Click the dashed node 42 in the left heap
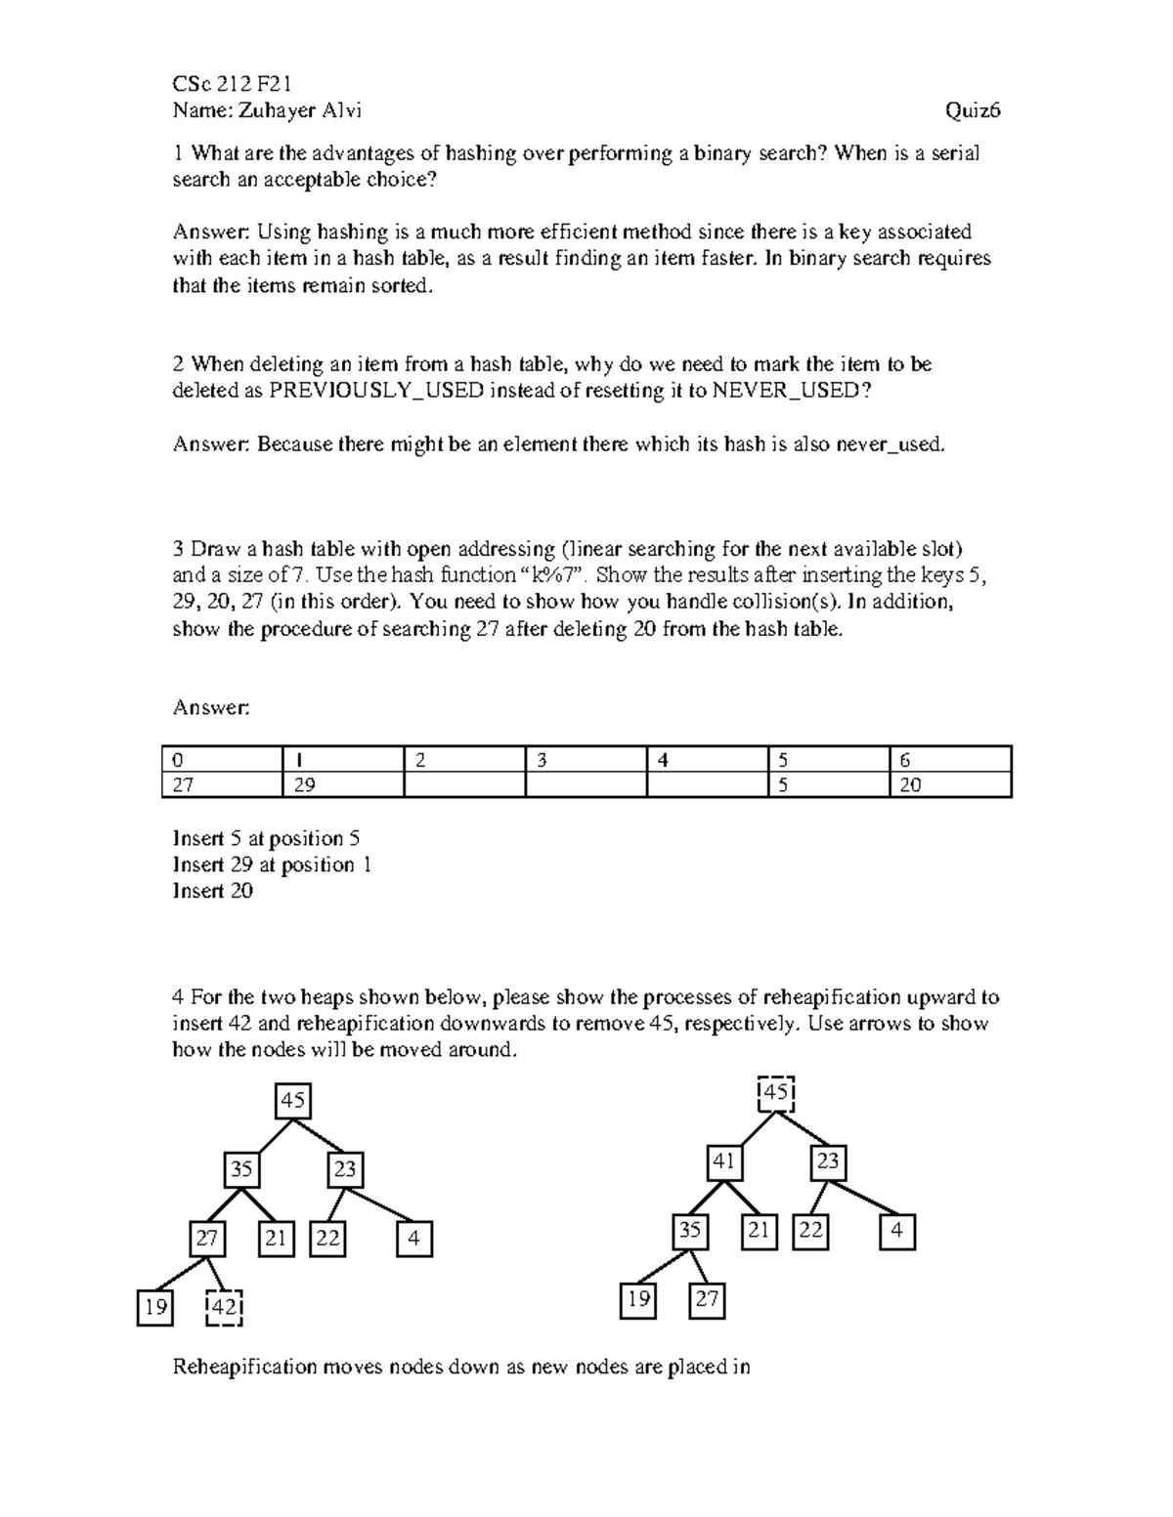[x=224, y=1307]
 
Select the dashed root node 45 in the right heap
[x=776, y=1093]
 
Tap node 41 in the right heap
[x=723, y=1162]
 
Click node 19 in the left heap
[x=155, y=1307]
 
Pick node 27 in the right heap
[x=707, y=1299]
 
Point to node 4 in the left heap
[x=414, y=1239]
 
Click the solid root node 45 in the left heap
[x=293, y=1101]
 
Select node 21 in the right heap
[x=759, y=1231]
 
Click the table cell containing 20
[x=950, y=785]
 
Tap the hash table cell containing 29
[x=342, y=785]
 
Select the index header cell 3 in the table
[x=586, y=760]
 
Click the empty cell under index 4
[x=707, y=785]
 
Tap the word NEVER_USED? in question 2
[x=790, y=391]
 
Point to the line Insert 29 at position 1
[x=272, y=864]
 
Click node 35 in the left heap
[x=241, y=1168]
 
